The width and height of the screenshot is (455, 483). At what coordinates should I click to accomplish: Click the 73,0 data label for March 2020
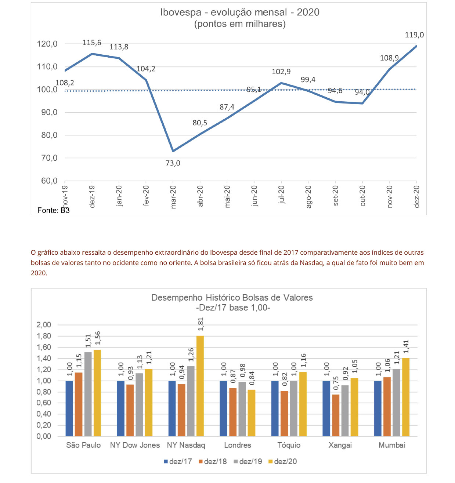tap(173, 163)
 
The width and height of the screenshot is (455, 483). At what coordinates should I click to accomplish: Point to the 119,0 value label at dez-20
tap(414, 35)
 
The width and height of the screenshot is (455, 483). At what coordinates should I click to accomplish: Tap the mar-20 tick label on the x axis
tap(173, 197)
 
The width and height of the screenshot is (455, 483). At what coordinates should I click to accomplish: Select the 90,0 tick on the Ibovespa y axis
tap(47, 113)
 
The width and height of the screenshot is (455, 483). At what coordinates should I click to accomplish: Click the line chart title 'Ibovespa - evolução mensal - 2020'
tap(240, 12)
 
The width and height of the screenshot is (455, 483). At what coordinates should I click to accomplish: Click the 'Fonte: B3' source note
tap(53, 210)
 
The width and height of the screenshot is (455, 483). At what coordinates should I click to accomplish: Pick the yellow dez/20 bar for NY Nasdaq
tap(200, 386)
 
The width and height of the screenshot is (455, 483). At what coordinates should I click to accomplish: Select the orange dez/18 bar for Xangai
tap(336, 415)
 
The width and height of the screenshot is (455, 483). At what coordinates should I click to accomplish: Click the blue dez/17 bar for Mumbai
tap(378, 408)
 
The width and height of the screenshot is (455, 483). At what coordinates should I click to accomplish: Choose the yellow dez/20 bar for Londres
tap(252, 413)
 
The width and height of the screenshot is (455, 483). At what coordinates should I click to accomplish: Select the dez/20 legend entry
tap(282, 462)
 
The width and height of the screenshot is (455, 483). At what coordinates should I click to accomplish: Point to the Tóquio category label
tap(289, 445)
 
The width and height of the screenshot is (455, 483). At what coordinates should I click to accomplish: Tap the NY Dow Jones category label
tap(135, 445)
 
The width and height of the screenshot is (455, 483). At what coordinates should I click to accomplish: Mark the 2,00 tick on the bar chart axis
tap(44, 325)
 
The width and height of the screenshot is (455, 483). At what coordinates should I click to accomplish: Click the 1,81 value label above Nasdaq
tap(201, 324)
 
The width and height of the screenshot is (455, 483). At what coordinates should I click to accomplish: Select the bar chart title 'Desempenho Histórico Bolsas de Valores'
tap(232, 298)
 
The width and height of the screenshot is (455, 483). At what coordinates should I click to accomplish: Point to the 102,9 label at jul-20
tap(281, 72)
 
